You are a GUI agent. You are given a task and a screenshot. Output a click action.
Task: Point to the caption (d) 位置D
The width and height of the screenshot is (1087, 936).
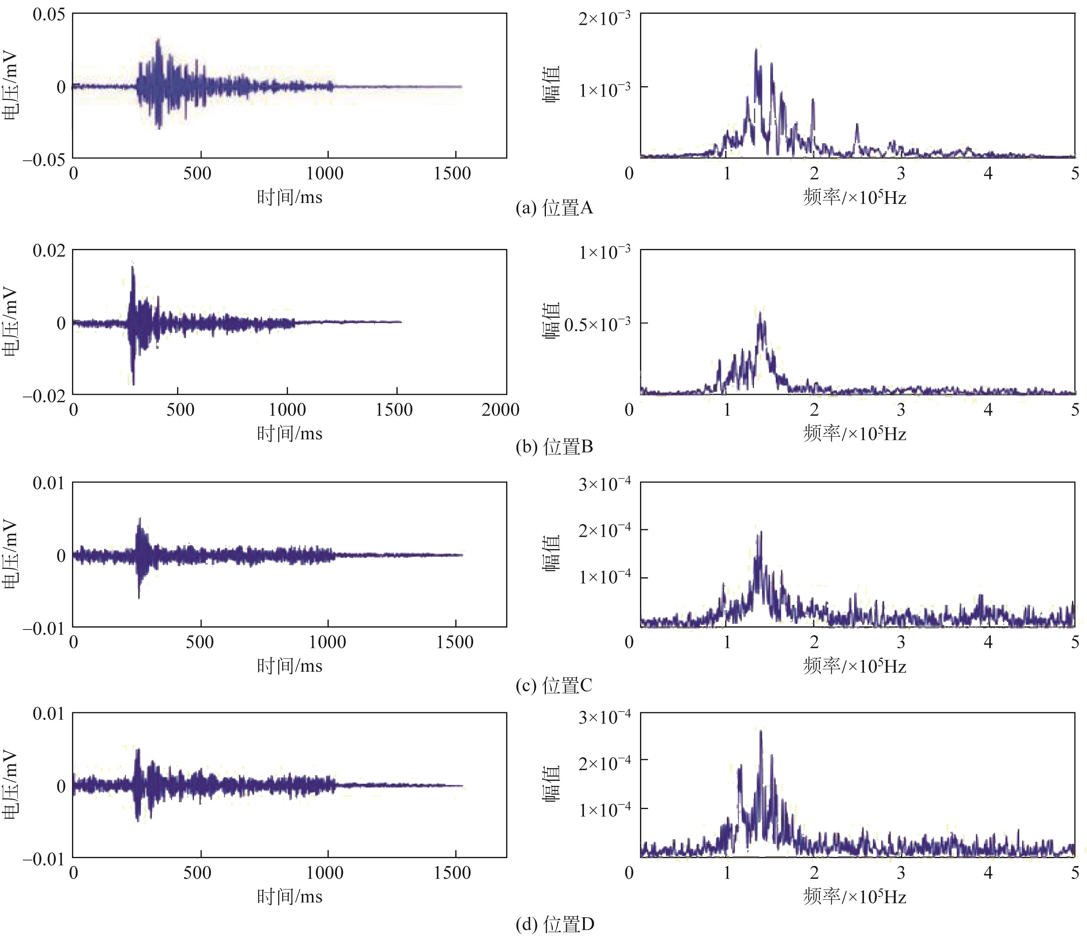pos(555,924)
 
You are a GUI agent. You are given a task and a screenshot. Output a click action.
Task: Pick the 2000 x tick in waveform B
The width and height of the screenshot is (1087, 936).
pos(500,410)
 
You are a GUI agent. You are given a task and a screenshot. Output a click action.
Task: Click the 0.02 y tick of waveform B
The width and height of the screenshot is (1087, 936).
pos(49,250)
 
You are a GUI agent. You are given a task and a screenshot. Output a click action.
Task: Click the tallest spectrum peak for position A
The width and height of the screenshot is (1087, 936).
pos(756,50)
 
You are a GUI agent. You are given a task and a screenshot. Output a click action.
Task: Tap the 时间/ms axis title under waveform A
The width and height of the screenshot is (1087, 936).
pos(290,197)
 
